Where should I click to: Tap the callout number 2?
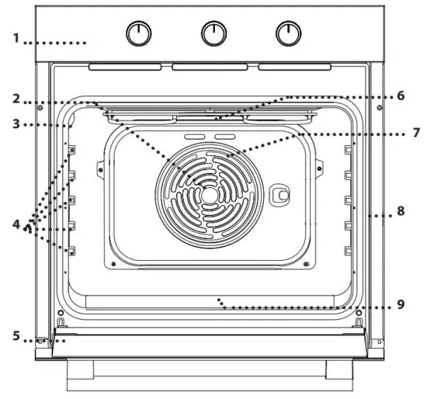[x=16, y=99]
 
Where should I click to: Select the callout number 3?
[x=16, y=123]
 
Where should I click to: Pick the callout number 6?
[x=400, y=95]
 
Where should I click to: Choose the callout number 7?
[x=416, y=133]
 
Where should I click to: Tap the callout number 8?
[x=400, y=210]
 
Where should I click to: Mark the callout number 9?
[x=400, y=304]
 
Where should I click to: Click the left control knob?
[x=139, y=33]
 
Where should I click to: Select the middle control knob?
[x=213, y=33]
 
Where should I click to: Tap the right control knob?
[x=288, y=33]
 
